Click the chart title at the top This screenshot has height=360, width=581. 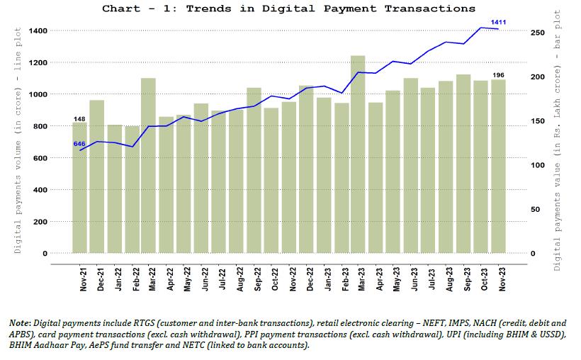click(x=288, y=9)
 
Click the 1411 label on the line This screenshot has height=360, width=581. click(x=499, y=23)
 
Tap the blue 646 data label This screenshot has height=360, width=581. click(x=79, y=144)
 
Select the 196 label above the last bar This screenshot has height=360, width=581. click(x=499, y=74)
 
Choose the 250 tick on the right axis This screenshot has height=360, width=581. click(x=537, y=33)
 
